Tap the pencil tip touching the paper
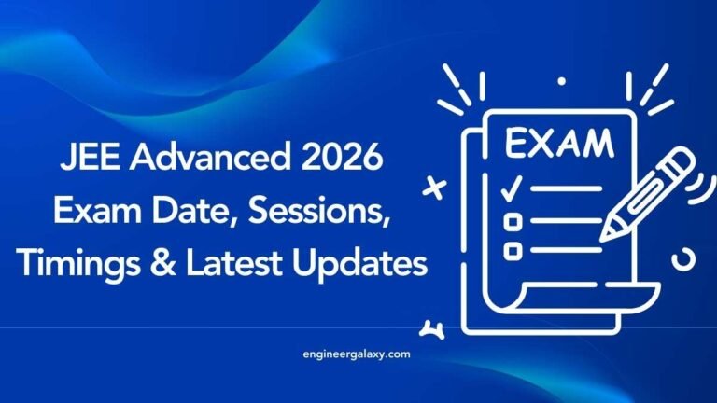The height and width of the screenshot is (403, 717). pyautogui.click(x=607, y=230)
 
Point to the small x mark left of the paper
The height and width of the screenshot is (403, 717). pyautogui.click(x=434, y=188)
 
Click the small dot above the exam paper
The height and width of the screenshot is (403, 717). pyautogui.click(x=561, y=81)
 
